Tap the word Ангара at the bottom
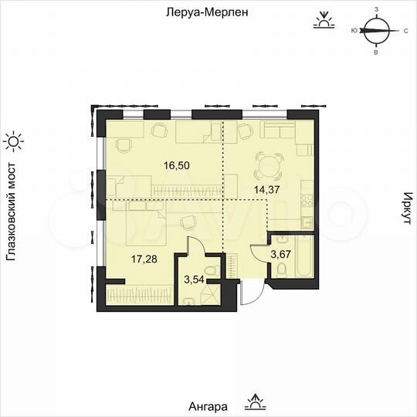208,405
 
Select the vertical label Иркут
404,208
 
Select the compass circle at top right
375,32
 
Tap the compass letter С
405,32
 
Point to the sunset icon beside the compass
323,21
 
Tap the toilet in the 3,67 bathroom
282,270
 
